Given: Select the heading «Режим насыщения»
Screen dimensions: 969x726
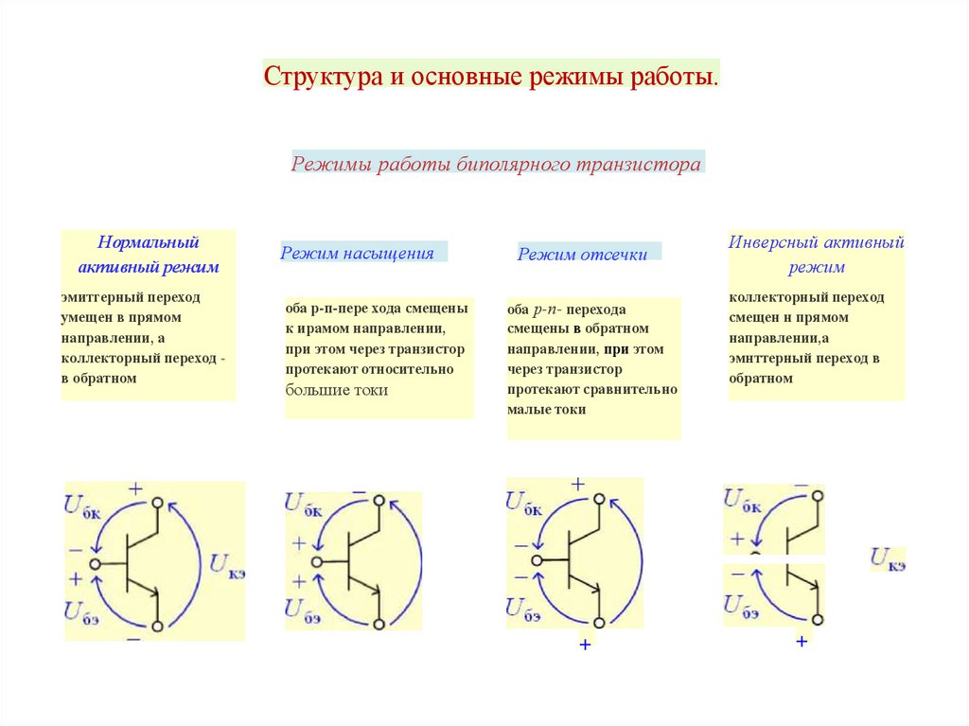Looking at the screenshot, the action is click(x=357, y=253).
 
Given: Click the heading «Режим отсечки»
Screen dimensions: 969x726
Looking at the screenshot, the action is click(x=582, y=254).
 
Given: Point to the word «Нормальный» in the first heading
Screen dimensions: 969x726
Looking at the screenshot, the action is click(x=149, y=242).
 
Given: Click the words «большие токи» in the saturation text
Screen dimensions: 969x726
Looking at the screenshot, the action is click(x=337, y=389).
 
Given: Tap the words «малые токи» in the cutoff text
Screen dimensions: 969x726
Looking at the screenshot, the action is click(x=546, y=409).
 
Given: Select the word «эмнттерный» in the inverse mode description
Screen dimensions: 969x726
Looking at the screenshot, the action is click(x=771, y=359).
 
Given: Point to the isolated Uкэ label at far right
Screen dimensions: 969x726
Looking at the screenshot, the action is click(x=889, y=558).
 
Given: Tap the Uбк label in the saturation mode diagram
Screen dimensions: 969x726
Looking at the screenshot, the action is click(x=303, y=505).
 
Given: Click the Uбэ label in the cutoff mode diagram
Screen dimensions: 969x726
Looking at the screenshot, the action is click(x=523, y=609).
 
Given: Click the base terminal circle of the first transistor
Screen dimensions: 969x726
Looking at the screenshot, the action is click(x=95, y=563).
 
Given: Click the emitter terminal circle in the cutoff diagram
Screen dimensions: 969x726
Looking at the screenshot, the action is click(x=598, y=623).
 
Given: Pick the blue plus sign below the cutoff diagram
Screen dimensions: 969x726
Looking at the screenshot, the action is click(x=585, y=645).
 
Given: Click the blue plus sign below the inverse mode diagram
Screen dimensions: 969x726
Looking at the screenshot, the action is click(x=802, y=641).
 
